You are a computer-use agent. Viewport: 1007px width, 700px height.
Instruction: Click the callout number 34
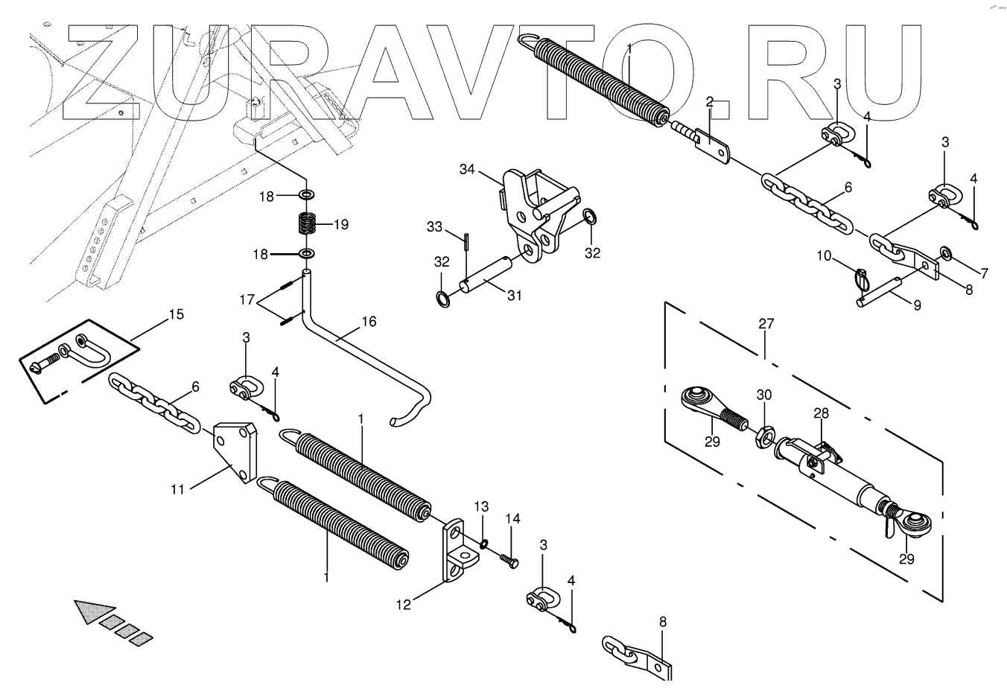click(467, 170)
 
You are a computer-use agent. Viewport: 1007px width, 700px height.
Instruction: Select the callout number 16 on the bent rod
click(369, 322)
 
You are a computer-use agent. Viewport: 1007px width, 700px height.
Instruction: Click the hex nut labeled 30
click(765, 434)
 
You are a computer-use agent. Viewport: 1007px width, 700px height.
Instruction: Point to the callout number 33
click(434, 226)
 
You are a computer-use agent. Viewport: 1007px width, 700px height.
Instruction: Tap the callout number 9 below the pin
click(917, 305)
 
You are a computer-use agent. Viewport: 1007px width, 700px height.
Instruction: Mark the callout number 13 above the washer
click(481, 507)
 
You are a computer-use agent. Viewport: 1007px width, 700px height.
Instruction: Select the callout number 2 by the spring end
click(710, 101)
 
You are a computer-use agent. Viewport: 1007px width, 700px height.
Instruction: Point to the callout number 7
click(984, 273)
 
